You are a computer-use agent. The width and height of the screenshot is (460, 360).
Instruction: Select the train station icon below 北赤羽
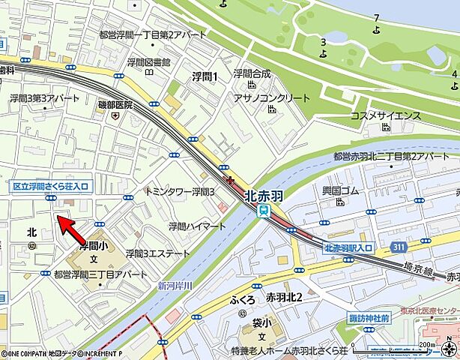264,211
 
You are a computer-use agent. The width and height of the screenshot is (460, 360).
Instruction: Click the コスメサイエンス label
385,115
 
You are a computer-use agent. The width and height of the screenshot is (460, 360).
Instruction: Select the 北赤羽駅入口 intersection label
348,247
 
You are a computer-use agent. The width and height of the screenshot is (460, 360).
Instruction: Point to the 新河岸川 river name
175,286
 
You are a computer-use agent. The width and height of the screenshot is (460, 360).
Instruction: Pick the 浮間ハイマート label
196,226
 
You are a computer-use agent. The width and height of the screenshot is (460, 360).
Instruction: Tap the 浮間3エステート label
158,253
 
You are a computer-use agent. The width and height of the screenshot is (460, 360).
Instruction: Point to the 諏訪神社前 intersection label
372,318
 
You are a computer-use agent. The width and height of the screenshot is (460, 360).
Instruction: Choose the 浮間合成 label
251,73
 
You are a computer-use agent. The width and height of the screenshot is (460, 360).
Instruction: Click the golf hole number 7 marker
376,17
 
